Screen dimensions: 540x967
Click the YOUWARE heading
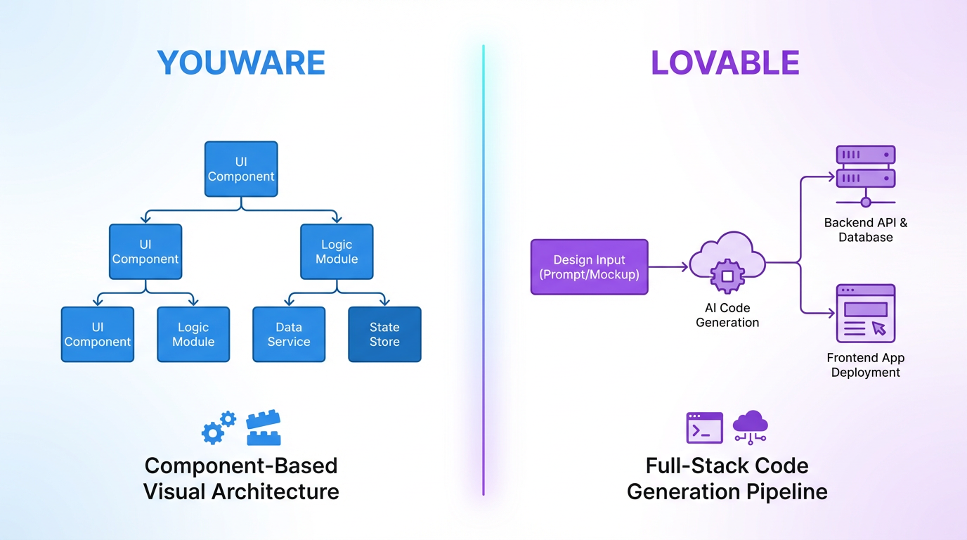(x=241, y=63)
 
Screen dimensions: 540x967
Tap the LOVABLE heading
(x=725, y=63)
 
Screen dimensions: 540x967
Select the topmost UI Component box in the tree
(x=241, y=169)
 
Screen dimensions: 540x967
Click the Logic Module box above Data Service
(x=337, y=252)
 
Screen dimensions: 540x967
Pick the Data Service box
(x=289, y=335)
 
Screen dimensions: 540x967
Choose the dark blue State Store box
(x=384, y=335)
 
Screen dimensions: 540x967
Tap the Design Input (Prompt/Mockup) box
(x=589, y=266)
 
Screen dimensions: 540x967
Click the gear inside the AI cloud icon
(x=727, y=276)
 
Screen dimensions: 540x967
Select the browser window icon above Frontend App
(x=865, y=313)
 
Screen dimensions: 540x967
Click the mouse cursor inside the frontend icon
(x=878, y=328)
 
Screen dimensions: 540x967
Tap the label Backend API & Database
(x=865, y=230)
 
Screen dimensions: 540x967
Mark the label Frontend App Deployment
(x=865, y=365)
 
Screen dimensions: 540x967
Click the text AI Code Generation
(x=727, y=315)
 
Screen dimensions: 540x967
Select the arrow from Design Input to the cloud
(x=668, y=266)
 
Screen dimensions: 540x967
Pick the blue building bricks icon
(x=264, y=428)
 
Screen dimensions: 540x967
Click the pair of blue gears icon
(x=219, y=428)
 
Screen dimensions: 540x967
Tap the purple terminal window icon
(x=704, y=427)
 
